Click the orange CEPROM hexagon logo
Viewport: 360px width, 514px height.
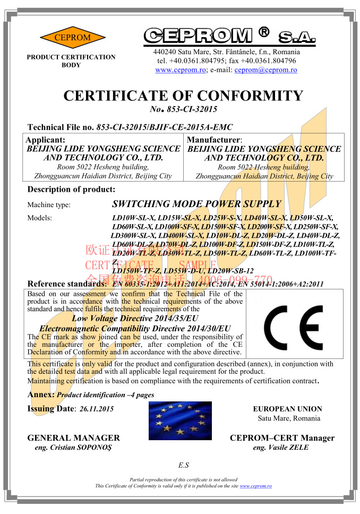[x=65, y=38]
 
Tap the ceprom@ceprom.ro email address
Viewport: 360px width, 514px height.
[x=265, y=70]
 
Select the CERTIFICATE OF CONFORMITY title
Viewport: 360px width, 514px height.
[x=183, y=96]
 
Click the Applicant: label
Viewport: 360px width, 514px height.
[x=46, y=140]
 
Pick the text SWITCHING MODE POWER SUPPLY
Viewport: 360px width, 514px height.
[x=196, y=204]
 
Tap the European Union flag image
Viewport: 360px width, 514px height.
[x=180, y=421]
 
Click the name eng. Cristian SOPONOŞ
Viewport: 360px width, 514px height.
[x=73, y=448]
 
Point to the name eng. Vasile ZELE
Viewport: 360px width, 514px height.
[x=281, y=448]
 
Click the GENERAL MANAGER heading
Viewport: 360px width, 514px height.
[x=74, y=438]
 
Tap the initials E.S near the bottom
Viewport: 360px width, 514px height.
[x=184, y=466]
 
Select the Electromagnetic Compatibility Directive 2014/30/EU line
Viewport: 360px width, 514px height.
[x=135, y=329]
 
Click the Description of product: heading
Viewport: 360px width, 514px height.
[x=71, y=190]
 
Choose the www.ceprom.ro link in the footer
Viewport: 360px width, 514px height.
[x=256, y=486]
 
